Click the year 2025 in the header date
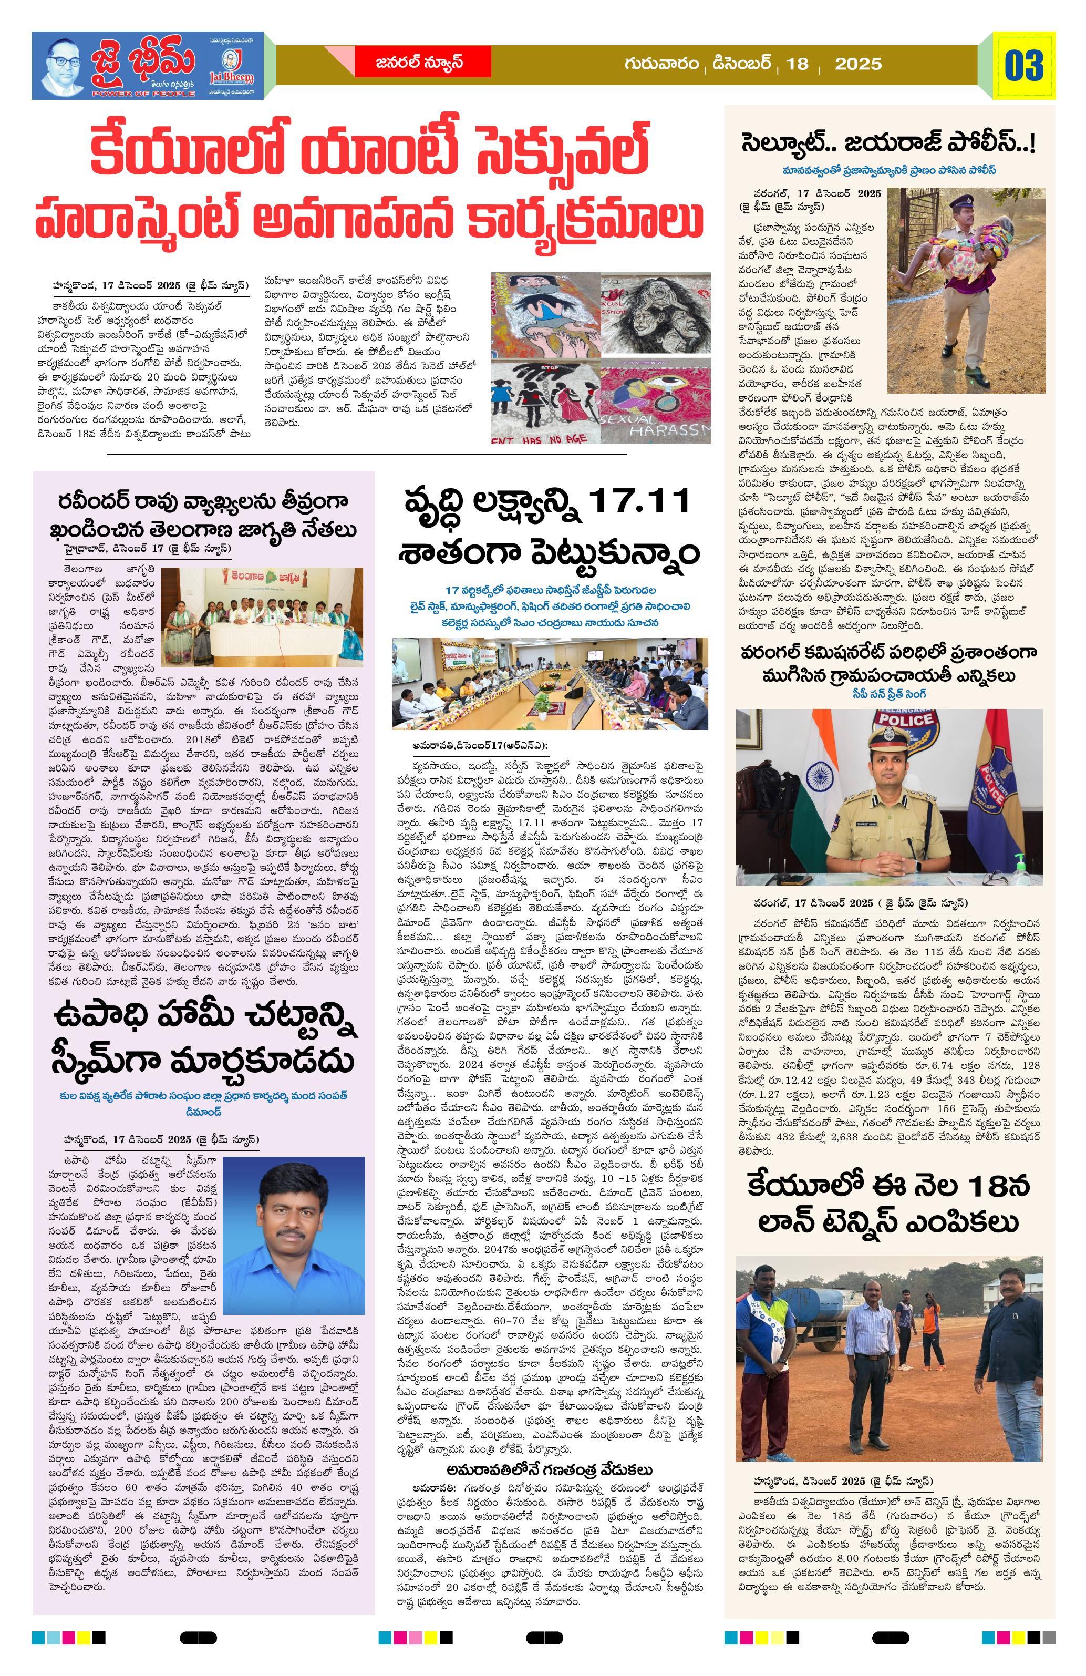(x=858, y=64)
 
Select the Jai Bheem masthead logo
(x=148, y=65)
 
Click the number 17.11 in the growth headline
(x=638, y=502)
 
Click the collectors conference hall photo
(x=550, y=683)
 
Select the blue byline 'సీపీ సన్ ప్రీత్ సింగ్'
(x=889, y=694)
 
